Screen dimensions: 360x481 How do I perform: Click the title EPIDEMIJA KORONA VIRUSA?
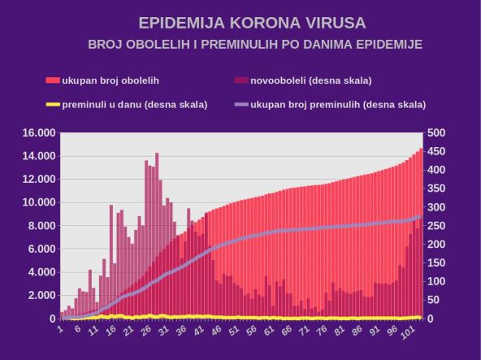coord(240,22)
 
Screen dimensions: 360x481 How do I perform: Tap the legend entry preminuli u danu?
coord(134,104)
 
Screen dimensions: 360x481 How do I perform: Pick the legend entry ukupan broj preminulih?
coord(338,104)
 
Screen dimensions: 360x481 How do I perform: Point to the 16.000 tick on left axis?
coord(38,132)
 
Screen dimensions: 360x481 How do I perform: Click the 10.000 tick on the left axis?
coord(38,202)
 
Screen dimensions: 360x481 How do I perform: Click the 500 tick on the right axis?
coord(436,132)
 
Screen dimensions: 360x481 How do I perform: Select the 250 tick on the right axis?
coord(436,226)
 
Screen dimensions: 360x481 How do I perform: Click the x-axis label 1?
coord(60,328)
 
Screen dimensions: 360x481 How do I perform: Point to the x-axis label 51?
coord(234,331)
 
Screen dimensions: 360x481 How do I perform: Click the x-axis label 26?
coord(147,331)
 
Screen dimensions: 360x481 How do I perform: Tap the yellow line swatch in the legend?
coord(53,104)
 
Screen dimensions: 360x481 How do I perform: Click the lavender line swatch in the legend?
coord(240,104)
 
